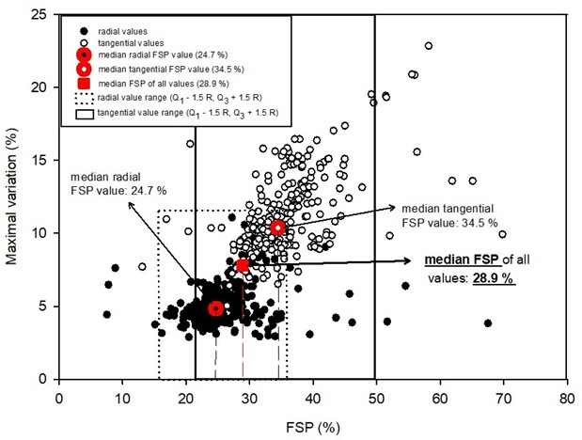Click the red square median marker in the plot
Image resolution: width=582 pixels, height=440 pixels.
point(243,266)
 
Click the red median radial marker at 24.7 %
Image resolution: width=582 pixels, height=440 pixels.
point(215,308)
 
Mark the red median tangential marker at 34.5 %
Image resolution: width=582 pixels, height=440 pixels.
point(277,228)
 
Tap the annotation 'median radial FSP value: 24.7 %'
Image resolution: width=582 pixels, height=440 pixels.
point(110,181)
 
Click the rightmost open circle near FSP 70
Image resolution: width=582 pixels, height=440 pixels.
point(502,234)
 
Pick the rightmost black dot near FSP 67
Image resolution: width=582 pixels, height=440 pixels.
point(488,323)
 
